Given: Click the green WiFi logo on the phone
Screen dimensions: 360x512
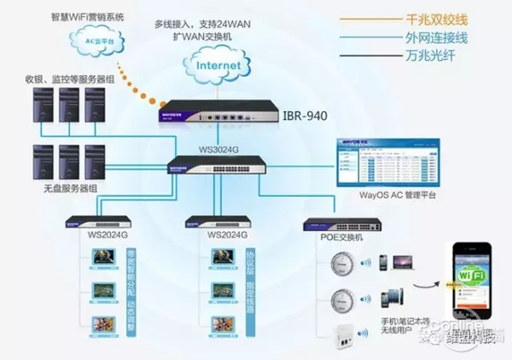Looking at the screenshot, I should click(467, 279).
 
